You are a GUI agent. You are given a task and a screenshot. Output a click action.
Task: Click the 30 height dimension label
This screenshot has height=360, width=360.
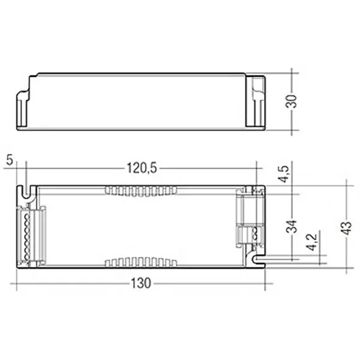(293, 101)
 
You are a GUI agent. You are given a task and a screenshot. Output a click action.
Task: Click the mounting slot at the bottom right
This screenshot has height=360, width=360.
(257, 259)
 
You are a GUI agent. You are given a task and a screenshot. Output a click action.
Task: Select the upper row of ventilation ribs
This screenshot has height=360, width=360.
(141, 191)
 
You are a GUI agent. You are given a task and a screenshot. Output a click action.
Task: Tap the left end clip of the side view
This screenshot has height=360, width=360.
(25, 109)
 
